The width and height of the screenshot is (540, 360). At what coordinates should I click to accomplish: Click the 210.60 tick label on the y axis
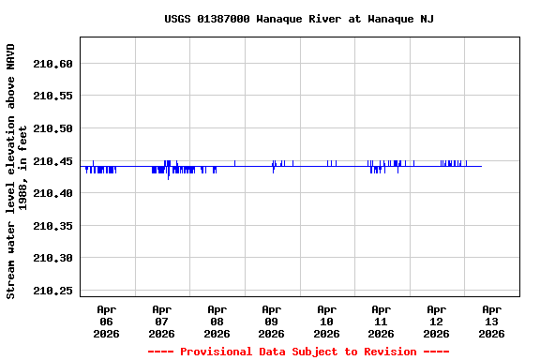52,64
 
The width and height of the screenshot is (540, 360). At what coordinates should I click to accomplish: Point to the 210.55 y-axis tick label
52,97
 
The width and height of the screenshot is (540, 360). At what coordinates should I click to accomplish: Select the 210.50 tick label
52,128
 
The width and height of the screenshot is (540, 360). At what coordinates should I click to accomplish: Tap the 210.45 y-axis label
52,161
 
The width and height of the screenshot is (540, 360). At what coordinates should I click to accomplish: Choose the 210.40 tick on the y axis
52,193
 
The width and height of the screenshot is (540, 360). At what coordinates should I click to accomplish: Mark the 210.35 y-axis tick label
52,226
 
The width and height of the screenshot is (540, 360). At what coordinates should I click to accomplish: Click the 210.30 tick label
52,258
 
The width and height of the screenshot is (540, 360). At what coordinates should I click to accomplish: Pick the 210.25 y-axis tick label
52,291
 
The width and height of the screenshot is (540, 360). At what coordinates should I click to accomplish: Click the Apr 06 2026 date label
107,321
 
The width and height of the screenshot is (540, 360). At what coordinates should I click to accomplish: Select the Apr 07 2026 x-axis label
161,321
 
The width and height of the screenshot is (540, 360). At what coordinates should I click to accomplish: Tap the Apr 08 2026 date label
217,321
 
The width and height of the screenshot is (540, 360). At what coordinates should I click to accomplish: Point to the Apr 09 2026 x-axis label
271,321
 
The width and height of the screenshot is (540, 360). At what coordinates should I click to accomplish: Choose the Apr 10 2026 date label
326,321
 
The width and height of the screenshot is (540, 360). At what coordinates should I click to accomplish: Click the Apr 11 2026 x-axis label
381,321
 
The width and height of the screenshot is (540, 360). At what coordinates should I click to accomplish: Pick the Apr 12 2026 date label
436,321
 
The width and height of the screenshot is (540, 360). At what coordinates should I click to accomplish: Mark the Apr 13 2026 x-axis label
491,321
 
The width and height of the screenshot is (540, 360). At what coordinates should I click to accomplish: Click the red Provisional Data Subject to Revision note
298,352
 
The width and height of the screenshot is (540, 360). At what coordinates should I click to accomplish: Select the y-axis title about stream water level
18,171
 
